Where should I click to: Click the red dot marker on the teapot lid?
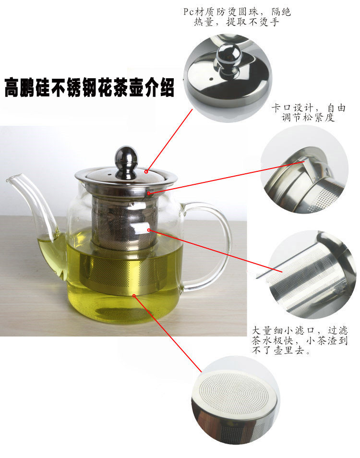(146, 172)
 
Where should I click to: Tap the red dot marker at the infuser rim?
(149, 193)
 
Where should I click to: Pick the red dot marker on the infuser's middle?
(149, 230)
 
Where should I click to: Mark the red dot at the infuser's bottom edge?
(134, 296)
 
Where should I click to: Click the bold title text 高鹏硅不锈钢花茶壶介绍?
(89, 87)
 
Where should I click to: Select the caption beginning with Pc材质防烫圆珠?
(237, 17)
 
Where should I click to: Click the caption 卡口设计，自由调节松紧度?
(308, 112)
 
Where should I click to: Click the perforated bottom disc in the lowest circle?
(234, 393)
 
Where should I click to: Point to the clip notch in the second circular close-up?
(305, 167)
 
